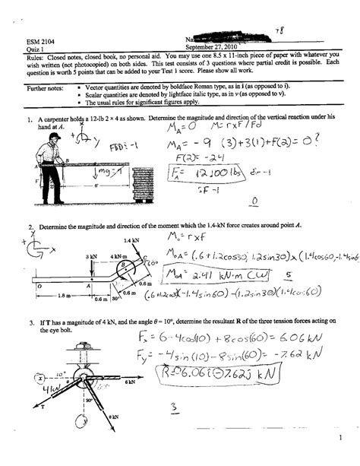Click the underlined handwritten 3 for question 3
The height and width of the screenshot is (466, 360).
[x=174, y=407]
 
